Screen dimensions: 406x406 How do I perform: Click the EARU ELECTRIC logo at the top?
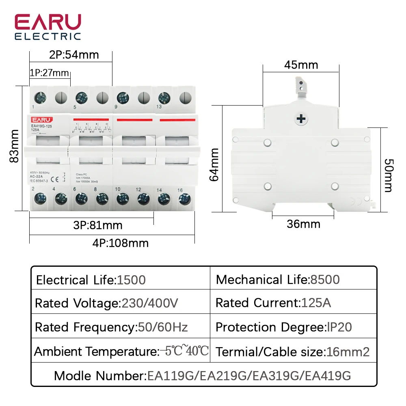(x=48, y=27)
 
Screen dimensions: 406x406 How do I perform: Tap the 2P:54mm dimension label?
(x=74, y=54)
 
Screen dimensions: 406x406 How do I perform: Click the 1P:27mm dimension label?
(x=49, y=73)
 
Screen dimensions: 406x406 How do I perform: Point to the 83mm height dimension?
(x=15, y=146)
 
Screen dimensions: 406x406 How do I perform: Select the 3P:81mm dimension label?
(x=97, y=225)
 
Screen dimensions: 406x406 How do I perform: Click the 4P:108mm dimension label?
(x=121, y=243)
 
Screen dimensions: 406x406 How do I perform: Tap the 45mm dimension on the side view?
(x=301, y=65)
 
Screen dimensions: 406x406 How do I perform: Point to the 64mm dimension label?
(x=215, y=164)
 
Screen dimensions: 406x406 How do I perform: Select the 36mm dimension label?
(x=303, y=224)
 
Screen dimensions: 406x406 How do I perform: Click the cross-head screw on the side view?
(x=301, y=119)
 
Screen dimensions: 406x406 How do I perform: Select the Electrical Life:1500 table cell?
(x=91, y=280)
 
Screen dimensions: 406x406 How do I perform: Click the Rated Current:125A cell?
(x=273, y=303)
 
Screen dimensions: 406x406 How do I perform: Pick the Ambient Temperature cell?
(x=121, y=351)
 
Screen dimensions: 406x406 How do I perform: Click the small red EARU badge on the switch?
(x=40, y=119)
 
